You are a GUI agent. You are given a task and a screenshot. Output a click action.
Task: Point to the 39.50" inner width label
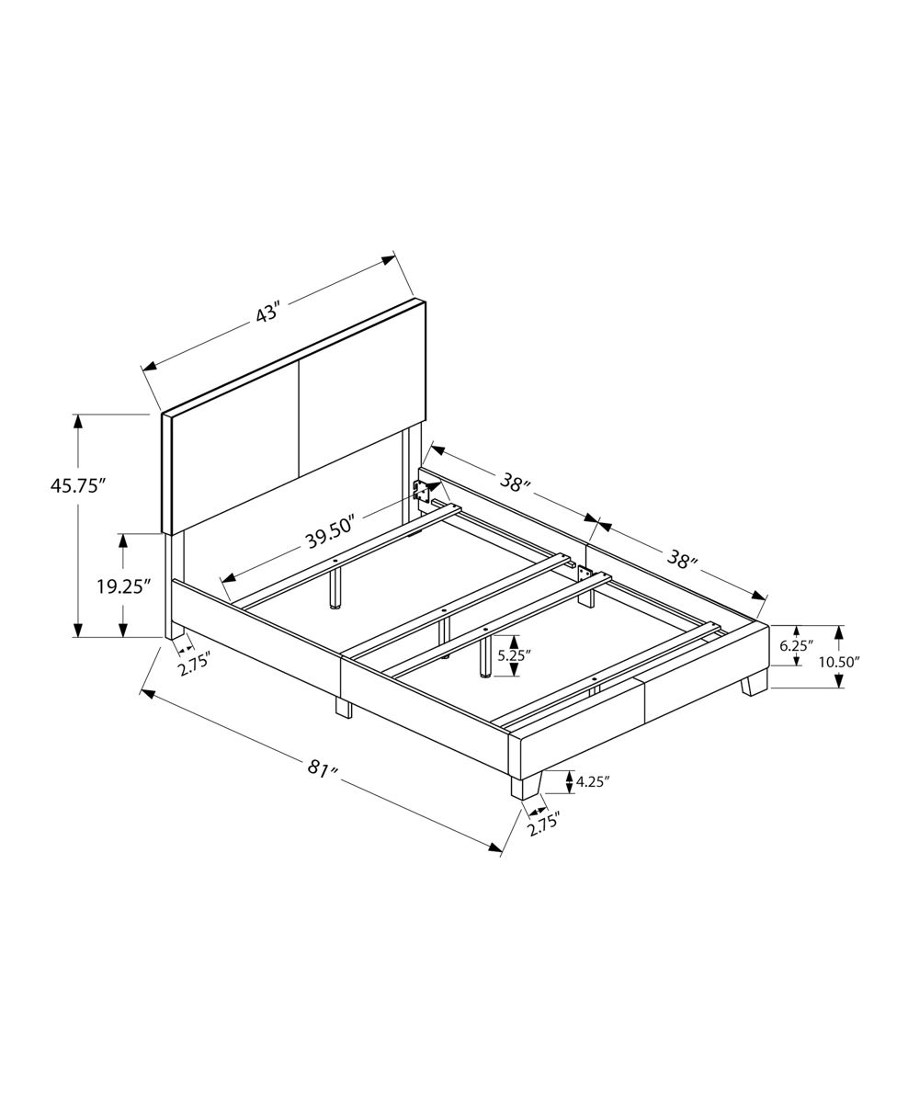331,531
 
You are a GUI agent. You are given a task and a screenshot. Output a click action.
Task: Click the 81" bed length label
323,768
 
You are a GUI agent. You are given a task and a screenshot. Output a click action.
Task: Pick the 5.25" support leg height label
514,655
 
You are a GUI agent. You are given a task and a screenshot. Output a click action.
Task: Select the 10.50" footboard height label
839,662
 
